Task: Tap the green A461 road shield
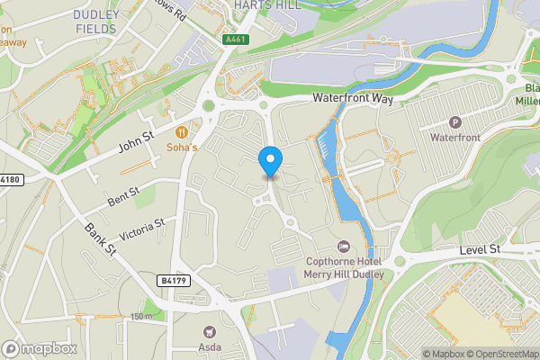click(235, 39)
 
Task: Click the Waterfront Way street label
click(353, 98)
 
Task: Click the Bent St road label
click(122, 196)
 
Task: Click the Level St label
click(479, 248)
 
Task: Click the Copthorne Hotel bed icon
click(342, 246)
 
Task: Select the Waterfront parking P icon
click(454, 122)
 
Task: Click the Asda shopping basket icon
click(209, 332)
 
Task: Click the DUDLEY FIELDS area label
click(83, 22)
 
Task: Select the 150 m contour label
click(141, 316)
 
